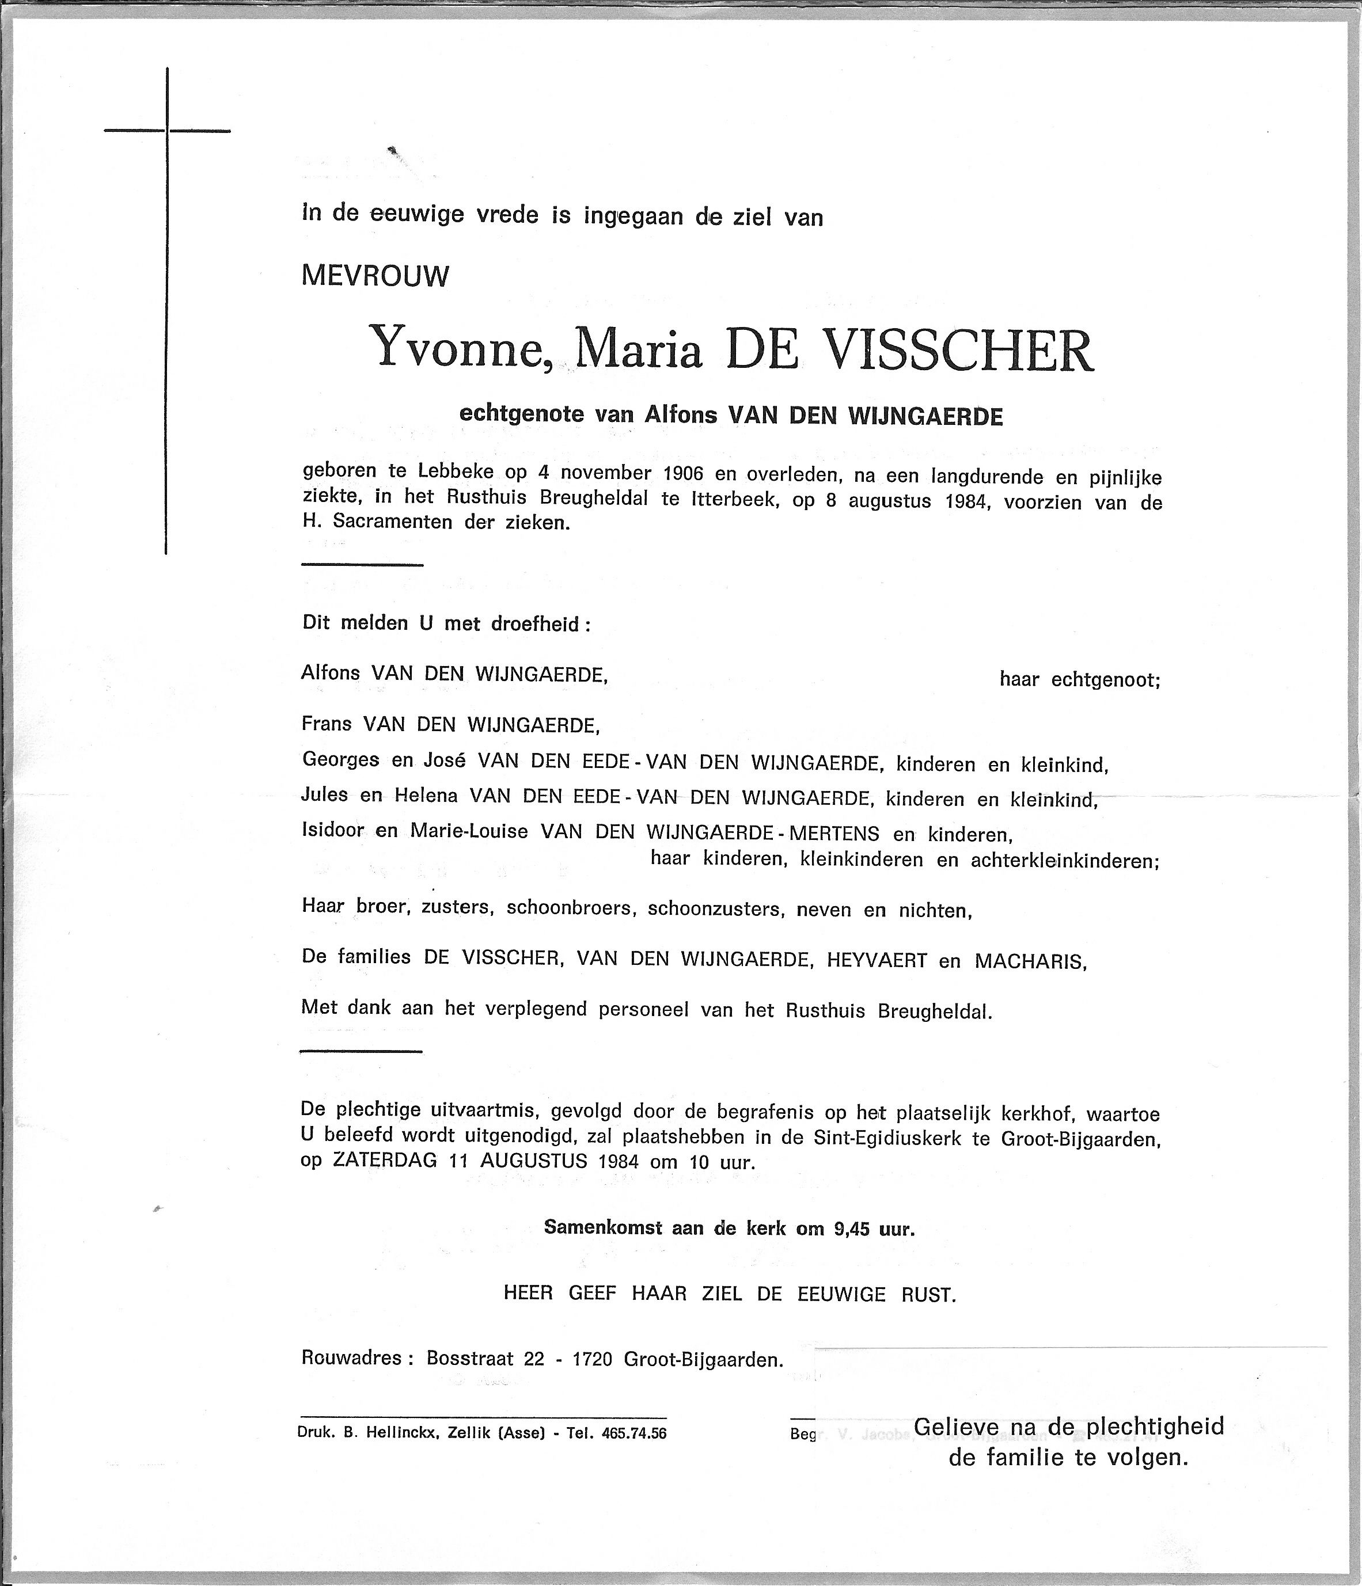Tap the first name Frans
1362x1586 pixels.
coord(325,724)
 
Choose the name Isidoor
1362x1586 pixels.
coord(332,831)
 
